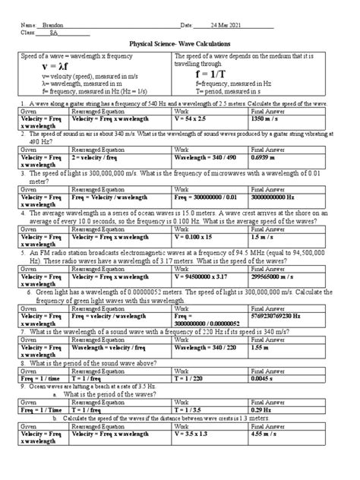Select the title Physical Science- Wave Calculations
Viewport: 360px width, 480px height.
(x=180, y=46)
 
